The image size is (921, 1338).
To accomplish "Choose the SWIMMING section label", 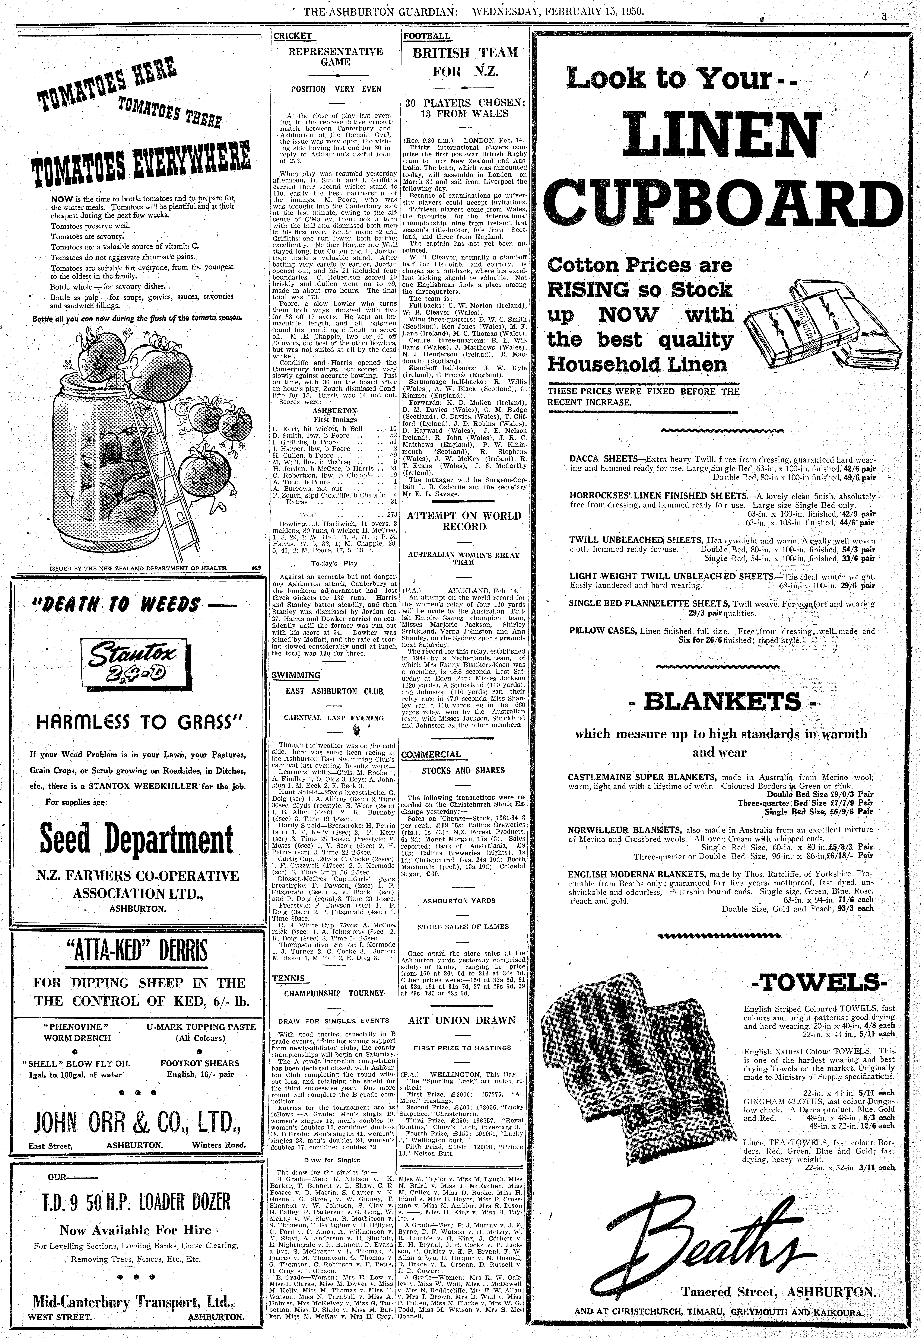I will point(296,675).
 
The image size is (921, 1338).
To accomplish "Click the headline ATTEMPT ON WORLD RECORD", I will point(464,521).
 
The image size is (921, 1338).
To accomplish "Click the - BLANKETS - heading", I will point(722,702).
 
